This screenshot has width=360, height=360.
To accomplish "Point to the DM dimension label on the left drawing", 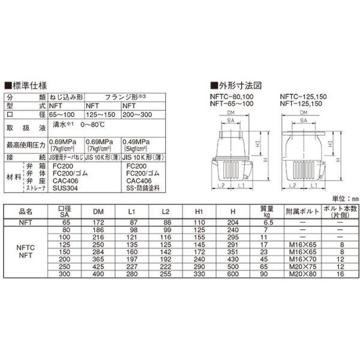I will click(x=232, y=112).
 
